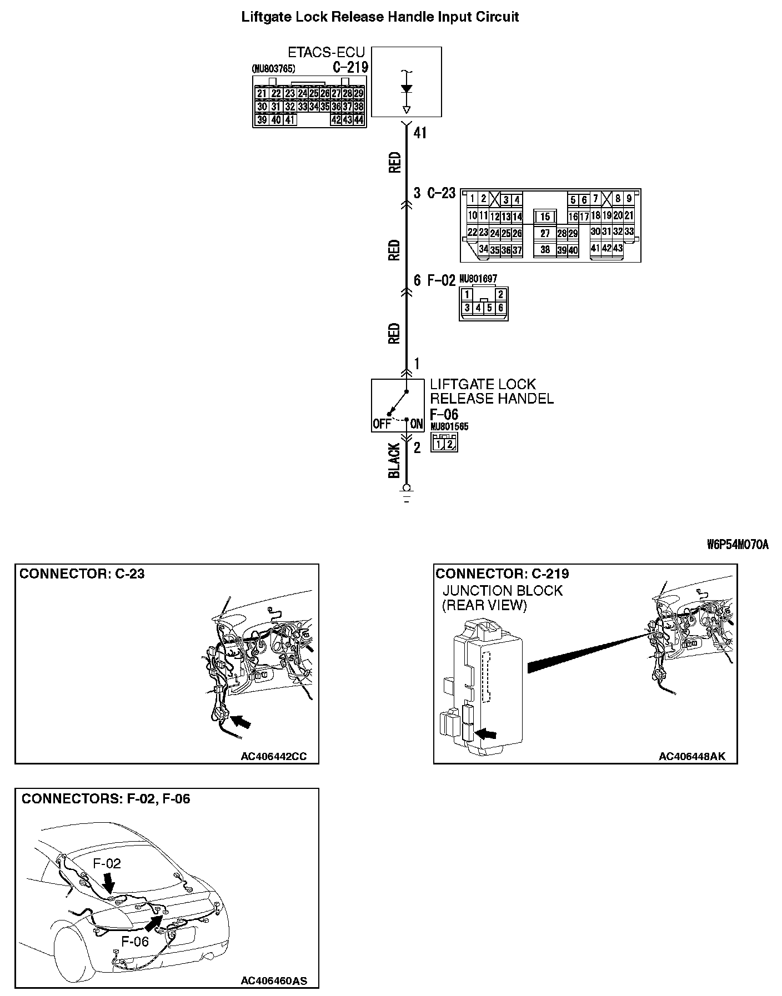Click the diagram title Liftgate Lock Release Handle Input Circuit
tap(380, 17)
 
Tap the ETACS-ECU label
tap(326, 53)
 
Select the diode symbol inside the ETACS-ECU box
tap(406, 89)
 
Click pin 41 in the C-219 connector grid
tap(290, 119)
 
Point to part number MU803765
tap(273, 69)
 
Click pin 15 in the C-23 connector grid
tap(545, 217)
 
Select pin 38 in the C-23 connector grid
tap(545, 250)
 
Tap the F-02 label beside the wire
tap(442, 280)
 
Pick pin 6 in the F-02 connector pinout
tap(500, 308)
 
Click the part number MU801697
tap(478, 278)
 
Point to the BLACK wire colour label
tap(394, 460)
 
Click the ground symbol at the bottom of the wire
tap(407, 491)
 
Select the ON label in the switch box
tap(416, 425)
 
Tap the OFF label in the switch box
tap(382, 425)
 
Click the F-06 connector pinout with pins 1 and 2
tap(444, 443)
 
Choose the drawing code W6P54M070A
tap(737, 545)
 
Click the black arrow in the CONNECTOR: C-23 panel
tap(240, 721)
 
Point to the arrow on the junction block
tap(487, 734)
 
